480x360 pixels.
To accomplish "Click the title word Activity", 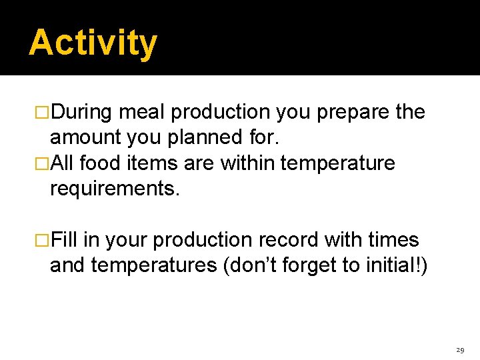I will point(93,43).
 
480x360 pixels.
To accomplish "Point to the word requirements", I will point(115,189).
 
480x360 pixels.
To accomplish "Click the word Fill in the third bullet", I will point(67,239).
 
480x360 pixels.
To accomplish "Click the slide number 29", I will point(460,349).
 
